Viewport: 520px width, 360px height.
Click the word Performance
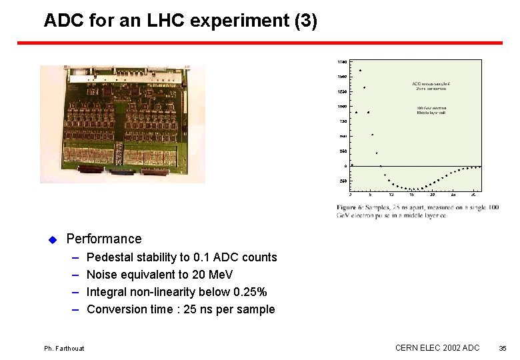104,239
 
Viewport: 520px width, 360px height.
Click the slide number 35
503,348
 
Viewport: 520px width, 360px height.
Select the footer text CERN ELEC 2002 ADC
437,348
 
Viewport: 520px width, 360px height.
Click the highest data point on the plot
360,70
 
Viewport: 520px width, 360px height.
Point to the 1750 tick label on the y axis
342,62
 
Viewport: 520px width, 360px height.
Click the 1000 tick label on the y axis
342,107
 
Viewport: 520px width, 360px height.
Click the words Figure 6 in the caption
350,208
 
